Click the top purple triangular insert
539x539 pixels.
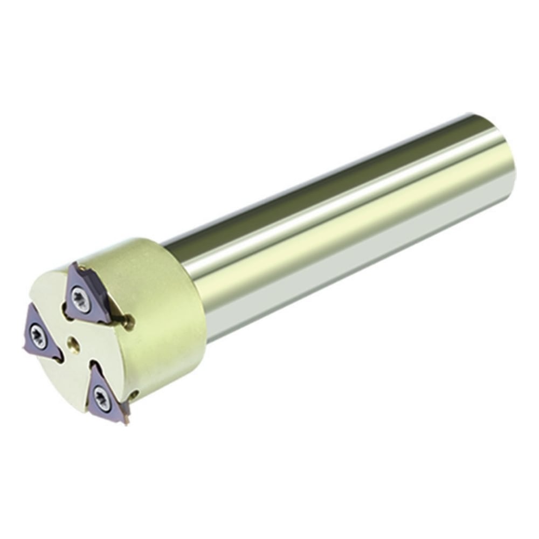pos(86,294)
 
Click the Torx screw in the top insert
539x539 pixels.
pos(81,298)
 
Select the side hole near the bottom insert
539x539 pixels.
pos(135,395)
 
